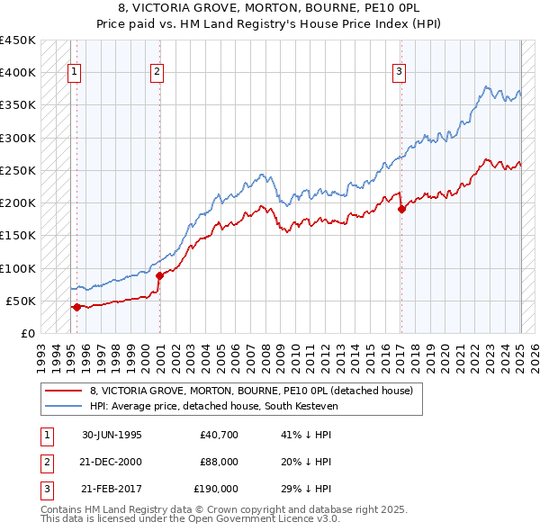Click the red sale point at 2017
pos(401,209)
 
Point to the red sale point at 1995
pos(76,307)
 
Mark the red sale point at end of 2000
pos(159,275)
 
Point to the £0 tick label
pos(27,333)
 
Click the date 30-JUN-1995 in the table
pos(112,435)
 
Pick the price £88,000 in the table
pos(219,462)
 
